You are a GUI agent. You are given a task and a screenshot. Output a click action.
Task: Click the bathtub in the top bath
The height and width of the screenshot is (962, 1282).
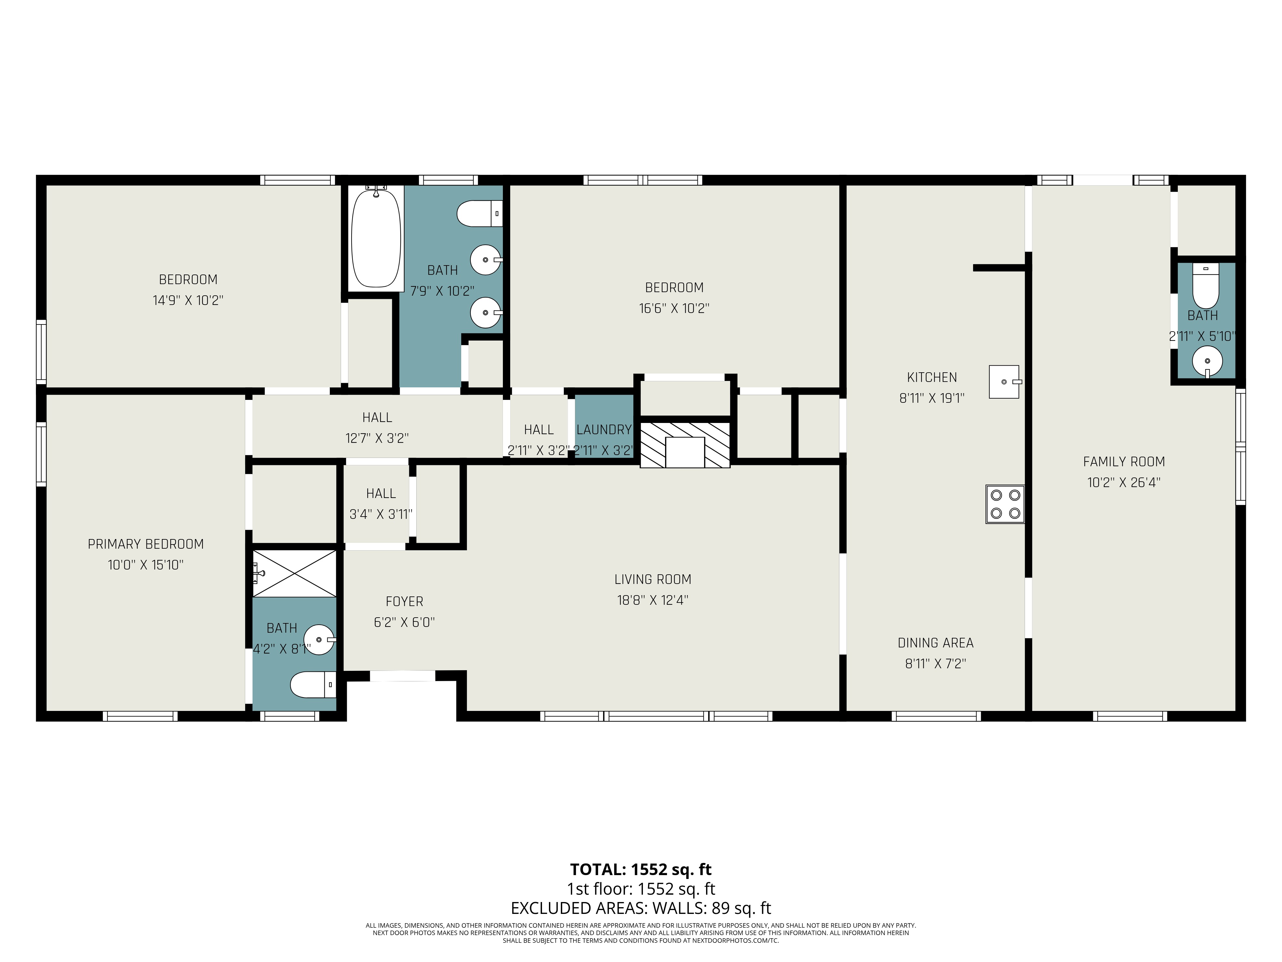pyautogui.click(x=376, y=238)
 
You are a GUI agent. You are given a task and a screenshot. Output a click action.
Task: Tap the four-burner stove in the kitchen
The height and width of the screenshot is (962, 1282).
pyautogui.click(x=1005, y=504)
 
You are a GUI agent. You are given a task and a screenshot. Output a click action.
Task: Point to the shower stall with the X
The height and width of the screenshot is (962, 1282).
pyautogui.click(x=295, y=573)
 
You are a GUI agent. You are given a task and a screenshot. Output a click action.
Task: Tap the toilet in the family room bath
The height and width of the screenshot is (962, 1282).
pyautogui.click(x=1205, y=286)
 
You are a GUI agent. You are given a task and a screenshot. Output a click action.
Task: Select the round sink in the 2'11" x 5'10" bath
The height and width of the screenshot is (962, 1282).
pyautogui.click(x=1207, y=362)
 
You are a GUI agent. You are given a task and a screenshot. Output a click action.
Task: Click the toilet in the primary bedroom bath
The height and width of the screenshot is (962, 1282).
pyautogui.click(x=313, y=685)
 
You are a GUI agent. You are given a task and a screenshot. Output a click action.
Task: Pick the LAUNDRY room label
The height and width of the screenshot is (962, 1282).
pyautogui.click(x=604, y=430)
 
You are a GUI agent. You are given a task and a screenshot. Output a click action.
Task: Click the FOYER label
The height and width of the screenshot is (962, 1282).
pyautogui.click(x=404, y=601)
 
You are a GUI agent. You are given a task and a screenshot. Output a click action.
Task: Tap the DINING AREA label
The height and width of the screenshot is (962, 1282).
pyautogui.click(x=936, y=643)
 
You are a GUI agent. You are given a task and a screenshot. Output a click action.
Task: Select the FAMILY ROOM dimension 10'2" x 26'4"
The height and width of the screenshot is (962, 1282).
pyautogui.click(x=1124, y=483)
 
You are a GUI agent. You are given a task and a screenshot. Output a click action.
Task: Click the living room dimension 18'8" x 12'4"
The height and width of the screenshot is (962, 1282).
pyautogui.click(x=653, y=600)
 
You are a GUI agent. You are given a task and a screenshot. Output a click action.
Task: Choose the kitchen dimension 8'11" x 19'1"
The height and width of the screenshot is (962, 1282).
pyautogui.click(x=932, y=398)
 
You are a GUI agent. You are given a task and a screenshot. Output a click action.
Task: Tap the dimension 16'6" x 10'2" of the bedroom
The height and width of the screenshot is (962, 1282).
pyautogui.click(x=674, y=308)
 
